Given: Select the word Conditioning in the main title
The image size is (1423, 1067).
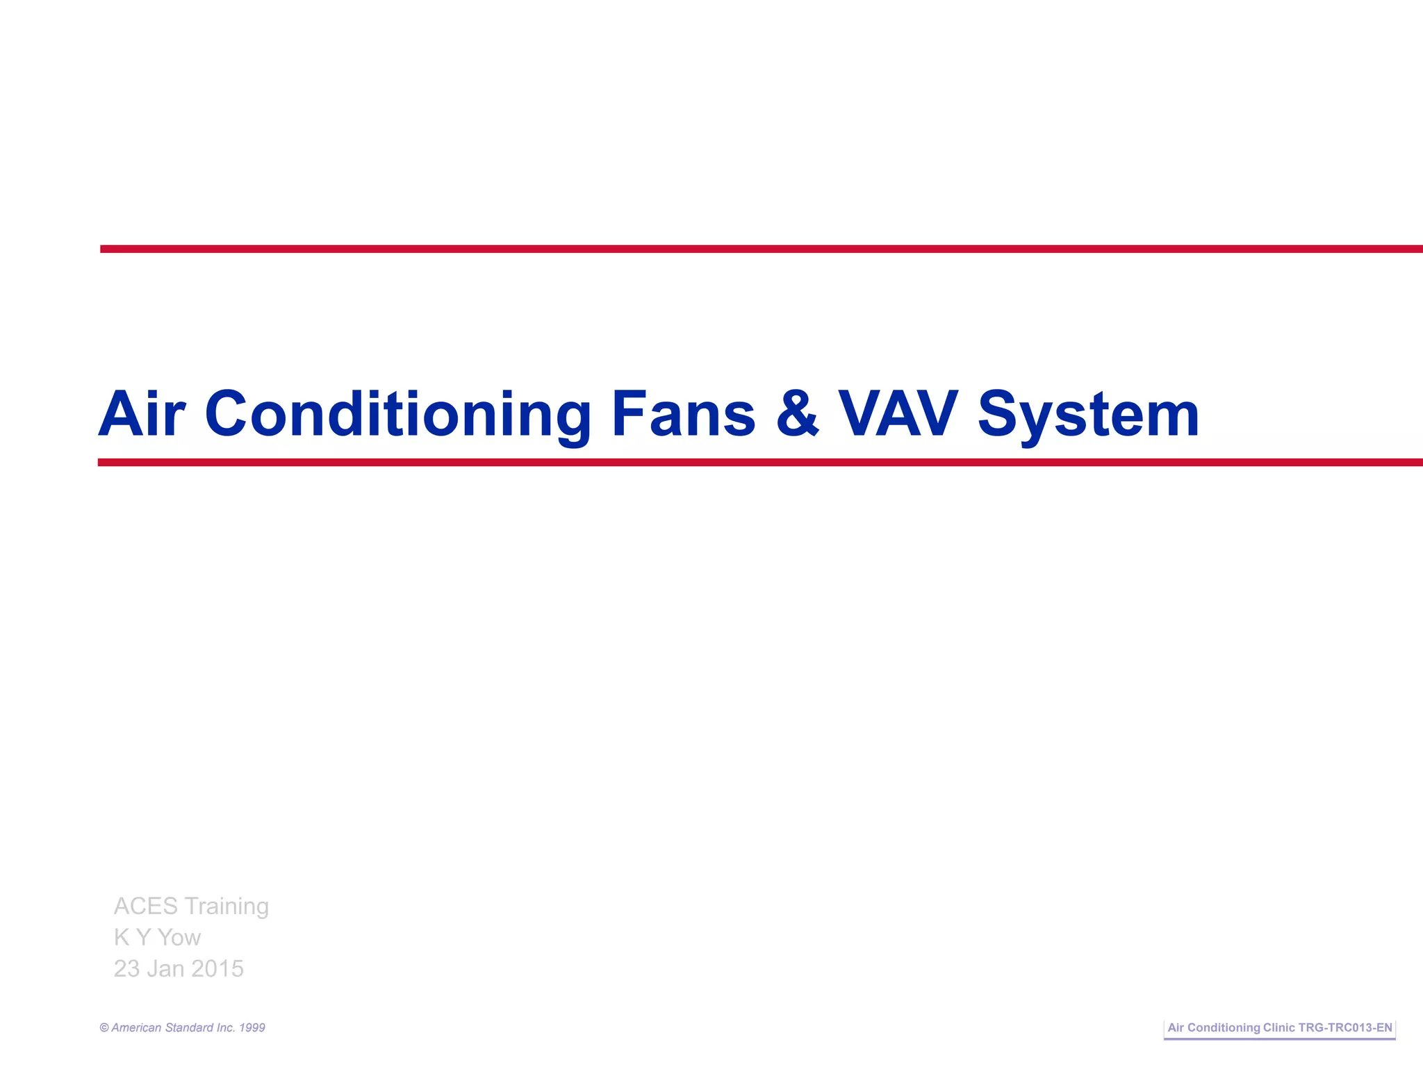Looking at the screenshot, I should [x=397, y=415].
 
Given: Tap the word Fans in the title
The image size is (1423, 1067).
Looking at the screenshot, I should [x=683, y=415].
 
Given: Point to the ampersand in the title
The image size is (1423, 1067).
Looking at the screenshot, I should [x=797, y=415].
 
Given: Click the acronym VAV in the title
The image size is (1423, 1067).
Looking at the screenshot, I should [x=898, y=415].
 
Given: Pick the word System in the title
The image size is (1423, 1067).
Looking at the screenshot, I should [x=1088, y=415].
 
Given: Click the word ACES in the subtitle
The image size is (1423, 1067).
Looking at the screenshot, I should [x=146, y=907].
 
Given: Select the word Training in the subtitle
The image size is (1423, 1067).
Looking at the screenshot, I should [x=227, y=907].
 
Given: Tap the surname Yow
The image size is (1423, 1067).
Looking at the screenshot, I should [x=179, y=938].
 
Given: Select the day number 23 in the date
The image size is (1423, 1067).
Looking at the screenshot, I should [x=126, y=969].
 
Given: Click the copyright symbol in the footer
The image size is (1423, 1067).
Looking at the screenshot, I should [x=104, y=1028].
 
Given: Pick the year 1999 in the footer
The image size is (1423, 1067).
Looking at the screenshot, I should [x=252, y=1028].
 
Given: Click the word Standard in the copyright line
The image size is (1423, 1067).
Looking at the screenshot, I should [x=189, y=1028].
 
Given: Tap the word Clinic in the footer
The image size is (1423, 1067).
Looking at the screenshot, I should [x=1279, y=1028].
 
